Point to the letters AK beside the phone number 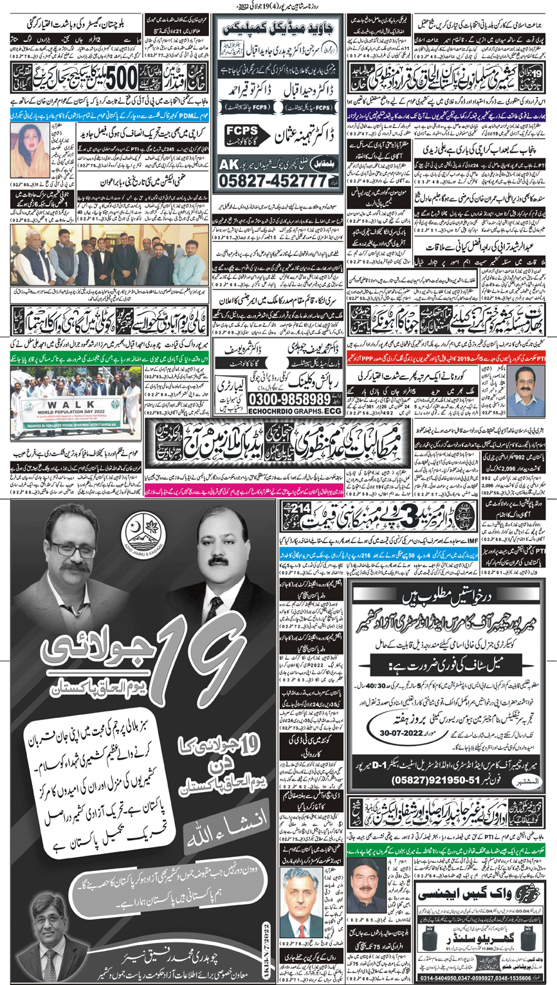(227, 165)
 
